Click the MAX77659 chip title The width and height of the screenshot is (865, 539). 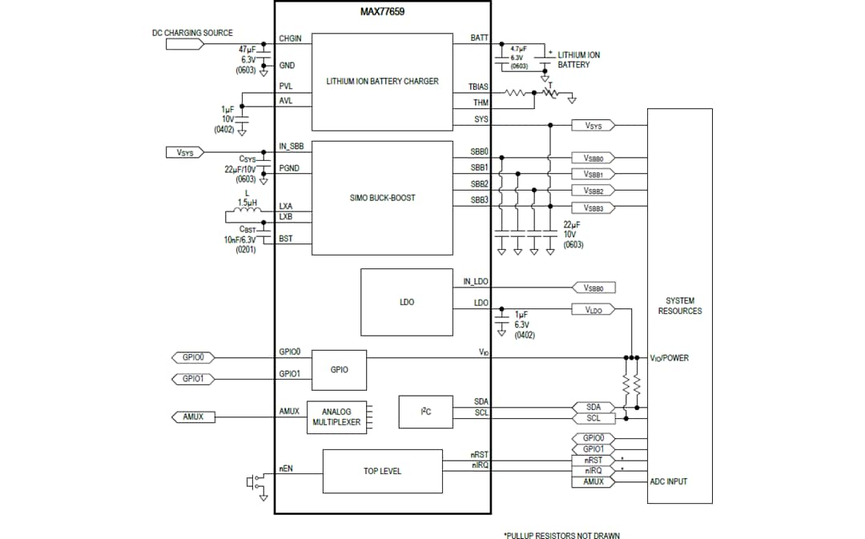382,14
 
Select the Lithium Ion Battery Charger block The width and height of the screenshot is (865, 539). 382,82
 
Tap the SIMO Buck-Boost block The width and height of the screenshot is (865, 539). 382,198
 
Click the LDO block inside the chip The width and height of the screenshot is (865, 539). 406,302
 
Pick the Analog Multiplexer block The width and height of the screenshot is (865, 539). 336,416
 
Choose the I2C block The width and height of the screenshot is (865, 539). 425,412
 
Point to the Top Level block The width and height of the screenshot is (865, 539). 382,471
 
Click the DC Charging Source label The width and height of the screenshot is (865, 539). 192,33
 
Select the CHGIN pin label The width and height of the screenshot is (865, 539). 290,38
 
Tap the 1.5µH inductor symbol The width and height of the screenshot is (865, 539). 247,212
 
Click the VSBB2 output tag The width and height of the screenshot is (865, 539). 593,191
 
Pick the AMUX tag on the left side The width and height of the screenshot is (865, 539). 193,416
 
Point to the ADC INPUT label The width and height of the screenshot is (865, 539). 668,481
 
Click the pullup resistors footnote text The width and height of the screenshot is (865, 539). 561,535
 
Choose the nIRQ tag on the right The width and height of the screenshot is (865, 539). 593,471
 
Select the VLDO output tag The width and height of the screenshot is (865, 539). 593,309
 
